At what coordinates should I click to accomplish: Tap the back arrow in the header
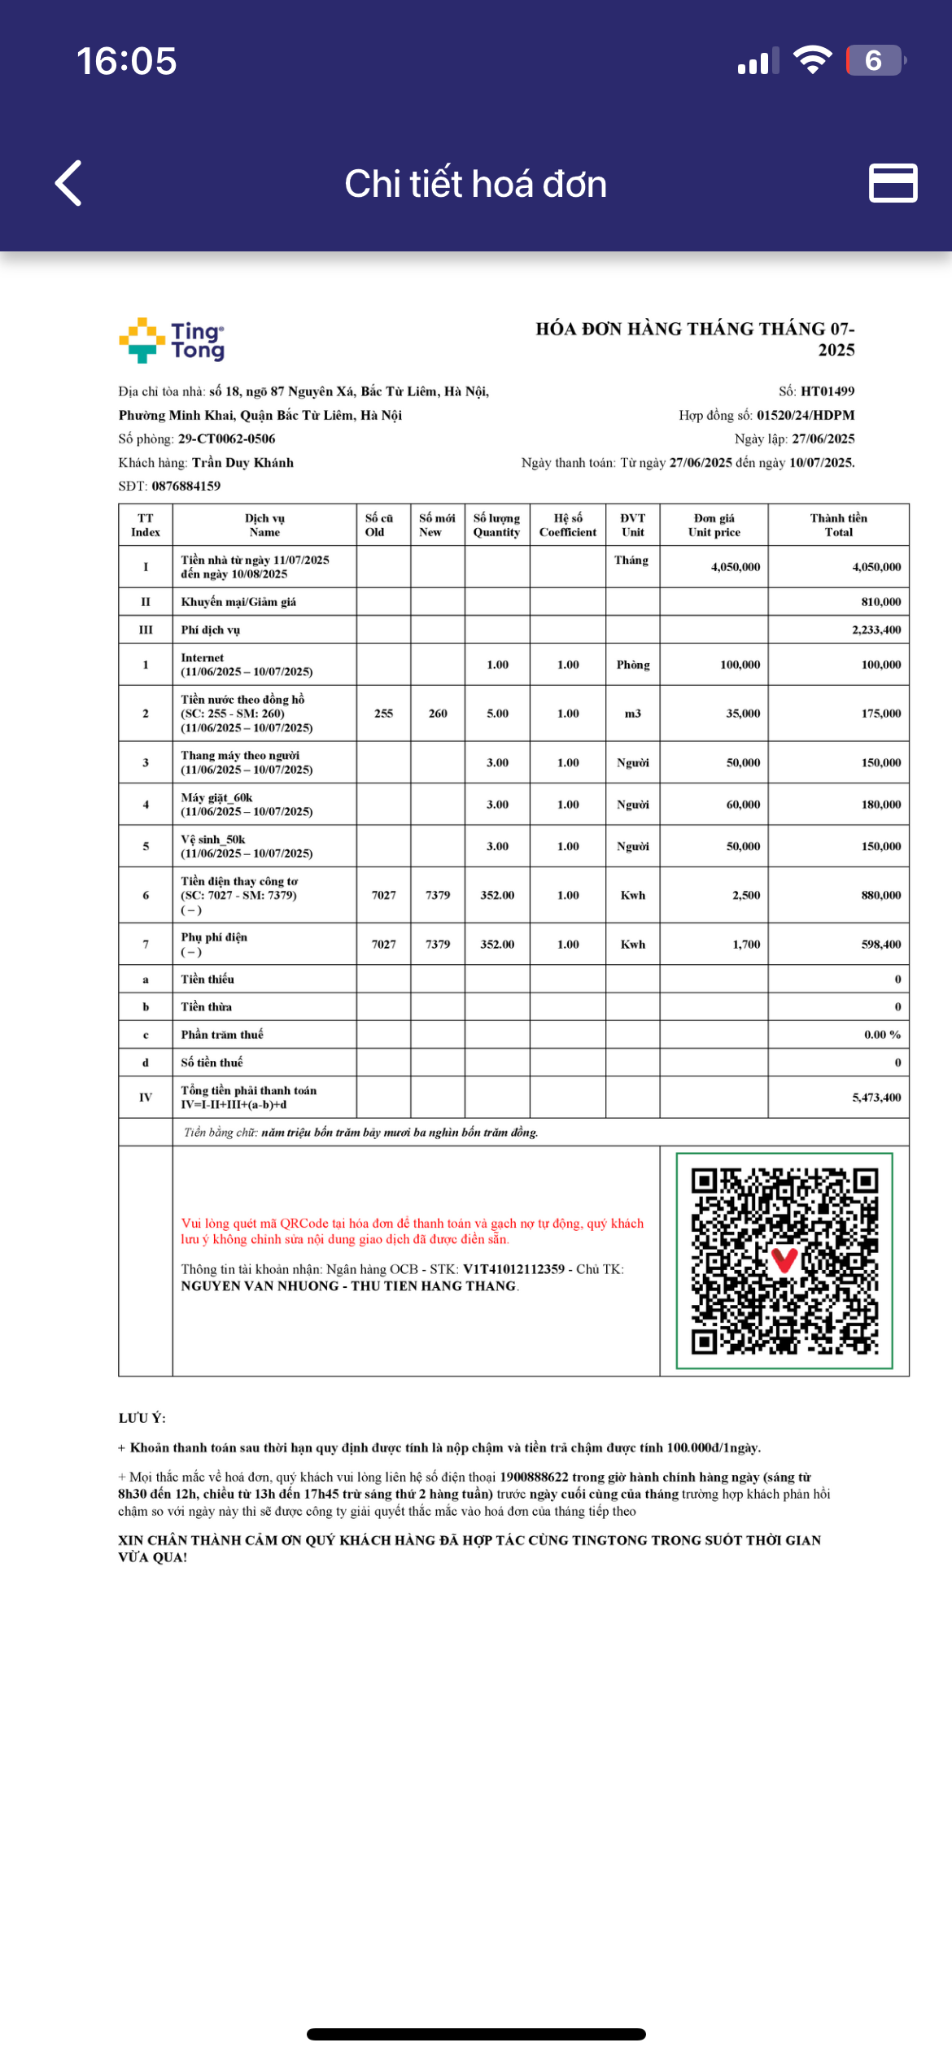[x=69, y=183]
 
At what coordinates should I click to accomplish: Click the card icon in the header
[x=893, y=183]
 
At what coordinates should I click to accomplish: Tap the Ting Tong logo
[x=172, y=340]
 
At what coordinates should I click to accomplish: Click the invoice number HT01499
[x=827, y=391]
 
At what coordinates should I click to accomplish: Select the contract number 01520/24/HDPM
[x=805, y=415]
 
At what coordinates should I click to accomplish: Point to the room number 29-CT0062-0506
[x=226, y=439]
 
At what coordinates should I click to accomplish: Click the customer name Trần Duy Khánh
[x=242, y=462]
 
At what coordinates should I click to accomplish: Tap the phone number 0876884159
[x=186, y=486]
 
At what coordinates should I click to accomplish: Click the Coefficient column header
[x=567, y=525]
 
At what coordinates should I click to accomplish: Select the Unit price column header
[x=714, y=525]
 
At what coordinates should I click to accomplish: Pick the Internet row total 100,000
[x=880, y=665]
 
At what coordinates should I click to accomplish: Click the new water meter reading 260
[x=438, y=714]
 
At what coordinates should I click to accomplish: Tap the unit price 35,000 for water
[x=743, y=714]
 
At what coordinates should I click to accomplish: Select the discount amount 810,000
[x=880, y=602]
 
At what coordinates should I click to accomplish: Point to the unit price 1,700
[x=746, y=945]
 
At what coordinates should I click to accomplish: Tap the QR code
[x=784, y=1261]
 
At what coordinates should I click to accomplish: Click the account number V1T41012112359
[x=513, y=1269]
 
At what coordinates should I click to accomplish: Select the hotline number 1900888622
[x=534, y=1477]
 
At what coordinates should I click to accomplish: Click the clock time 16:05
[x=127, y=61]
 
